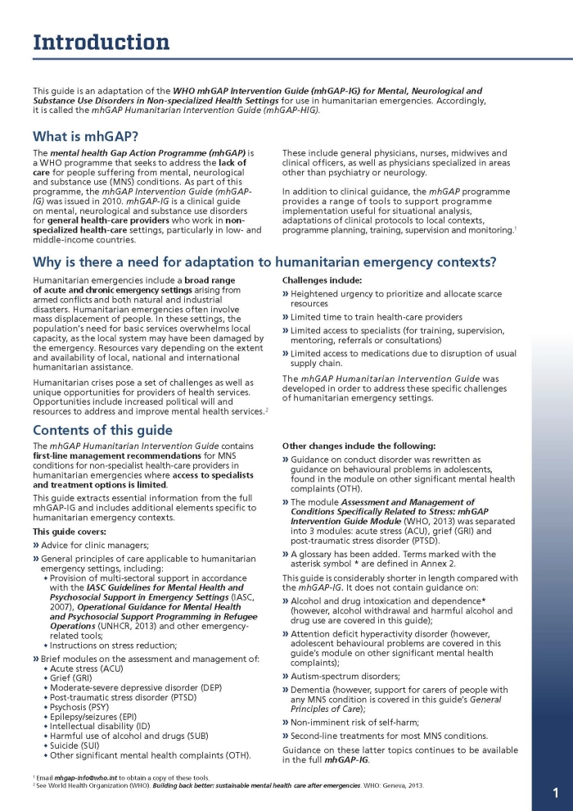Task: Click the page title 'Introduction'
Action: (101, 42)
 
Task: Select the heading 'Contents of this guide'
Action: (102, 430)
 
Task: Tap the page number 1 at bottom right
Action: (555, 792)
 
